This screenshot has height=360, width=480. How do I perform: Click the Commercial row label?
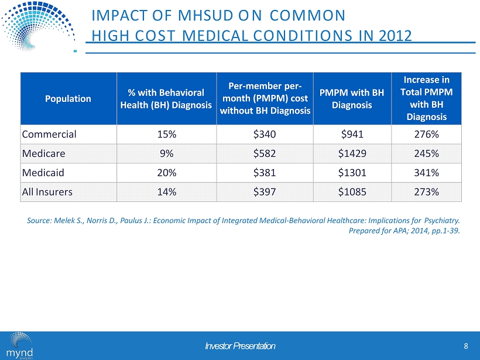click(49, 134)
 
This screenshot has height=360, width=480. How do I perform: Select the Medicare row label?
click(45, 154)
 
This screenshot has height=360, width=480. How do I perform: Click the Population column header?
click(68, 98)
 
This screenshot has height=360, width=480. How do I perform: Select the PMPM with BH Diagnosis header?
click(351, 98)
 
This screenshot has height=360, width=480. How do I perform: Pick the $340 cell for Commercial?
click(265, 134)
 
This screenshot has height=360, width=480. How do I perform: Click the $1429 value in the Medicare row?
click(351, 154)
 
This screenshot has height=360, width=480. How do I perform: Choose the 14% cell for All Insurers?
click(166, 193)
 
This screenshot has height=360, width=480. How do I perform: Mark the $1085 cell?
click(351, 193)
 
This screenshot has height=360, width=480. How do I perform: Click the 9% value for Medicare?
click(166, 154)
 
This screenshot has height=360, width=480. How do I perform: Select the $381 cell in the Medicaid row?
click(265, 173)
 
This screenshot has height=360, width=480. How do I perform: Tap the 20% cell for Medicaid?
click(166, 173)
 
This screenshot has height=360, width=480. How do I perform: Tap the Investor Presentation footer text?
click(240, 346)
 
